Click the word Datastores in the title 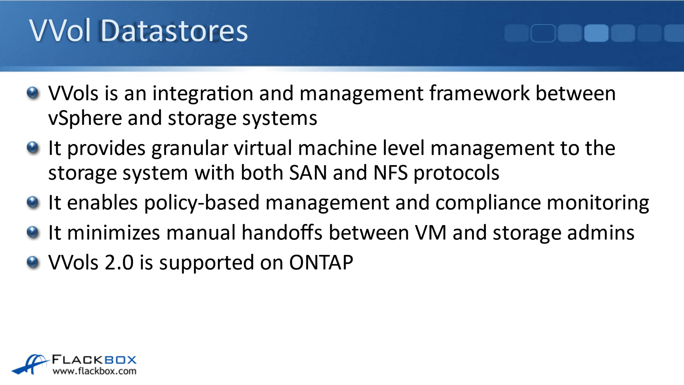pyautogui.click(x=174, y=31)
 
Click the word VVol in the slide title pyautogui.click(x=60, y=31)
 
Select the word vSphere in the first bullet pyautogui.click(x=85, y=118)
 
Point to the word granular pyautogui.click(x=190, y=148)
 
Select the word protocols pyautogui.click(x=457, y=173)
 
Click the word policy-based pyautogui.click(x=202, y=203)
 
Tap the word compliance pyautogui.click(x=488, y=203)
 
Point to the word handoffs pyautogui.click(x=282, y=233)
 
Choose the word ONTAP pyautogui.click(x=321, y=263)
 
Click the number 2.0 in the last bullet pyautogui.click(x=119, y=263)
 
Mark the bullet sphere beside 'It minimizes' pyautogui.click(x=33, y=232)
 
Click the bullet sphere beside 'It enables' pyautogui.click(x=33, y=202)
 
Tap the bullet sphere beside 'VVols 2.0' pyautogui.click(x=33, y=262)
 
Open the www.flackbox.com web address pyautogui.click(x=95, y=371)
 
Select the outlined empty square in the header pyautogui.click(x=543, y=33)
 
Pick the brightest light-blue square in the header pyautogui.click(x=596, y=33)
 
